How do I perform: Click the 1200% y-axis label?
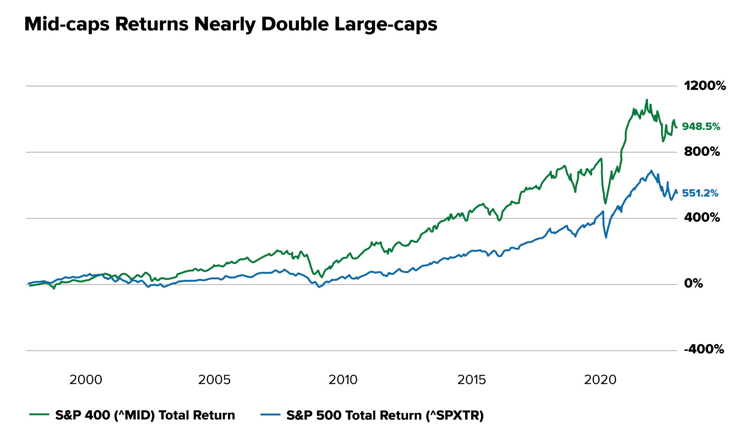705,86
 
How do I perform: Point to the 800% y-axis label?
702,152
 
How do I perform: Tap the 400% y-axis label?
702,217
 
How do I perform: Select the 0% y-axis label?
693,283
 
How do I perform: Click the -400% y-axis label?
704,349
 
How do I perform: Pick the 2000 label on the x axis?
86,380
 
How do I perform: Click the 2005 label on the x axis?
214,380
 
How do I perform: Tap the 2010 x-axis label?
343,380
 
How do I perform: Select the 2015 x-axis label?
472,380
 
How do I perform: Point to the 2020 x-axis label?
600,380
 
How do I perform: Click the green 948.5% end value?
701,126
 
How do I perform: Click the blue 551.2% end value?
700,193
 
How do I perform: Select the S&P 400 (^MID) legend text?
145,415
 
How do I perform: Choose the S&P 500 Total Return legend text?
385,415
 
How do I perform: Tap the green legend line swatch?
39,415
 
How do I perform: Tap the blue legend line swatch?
271,415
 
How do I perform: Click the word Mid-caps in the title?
67,24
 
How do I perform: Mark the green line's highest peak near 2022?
647,100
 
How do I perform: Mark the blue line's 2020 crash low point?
606,237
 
